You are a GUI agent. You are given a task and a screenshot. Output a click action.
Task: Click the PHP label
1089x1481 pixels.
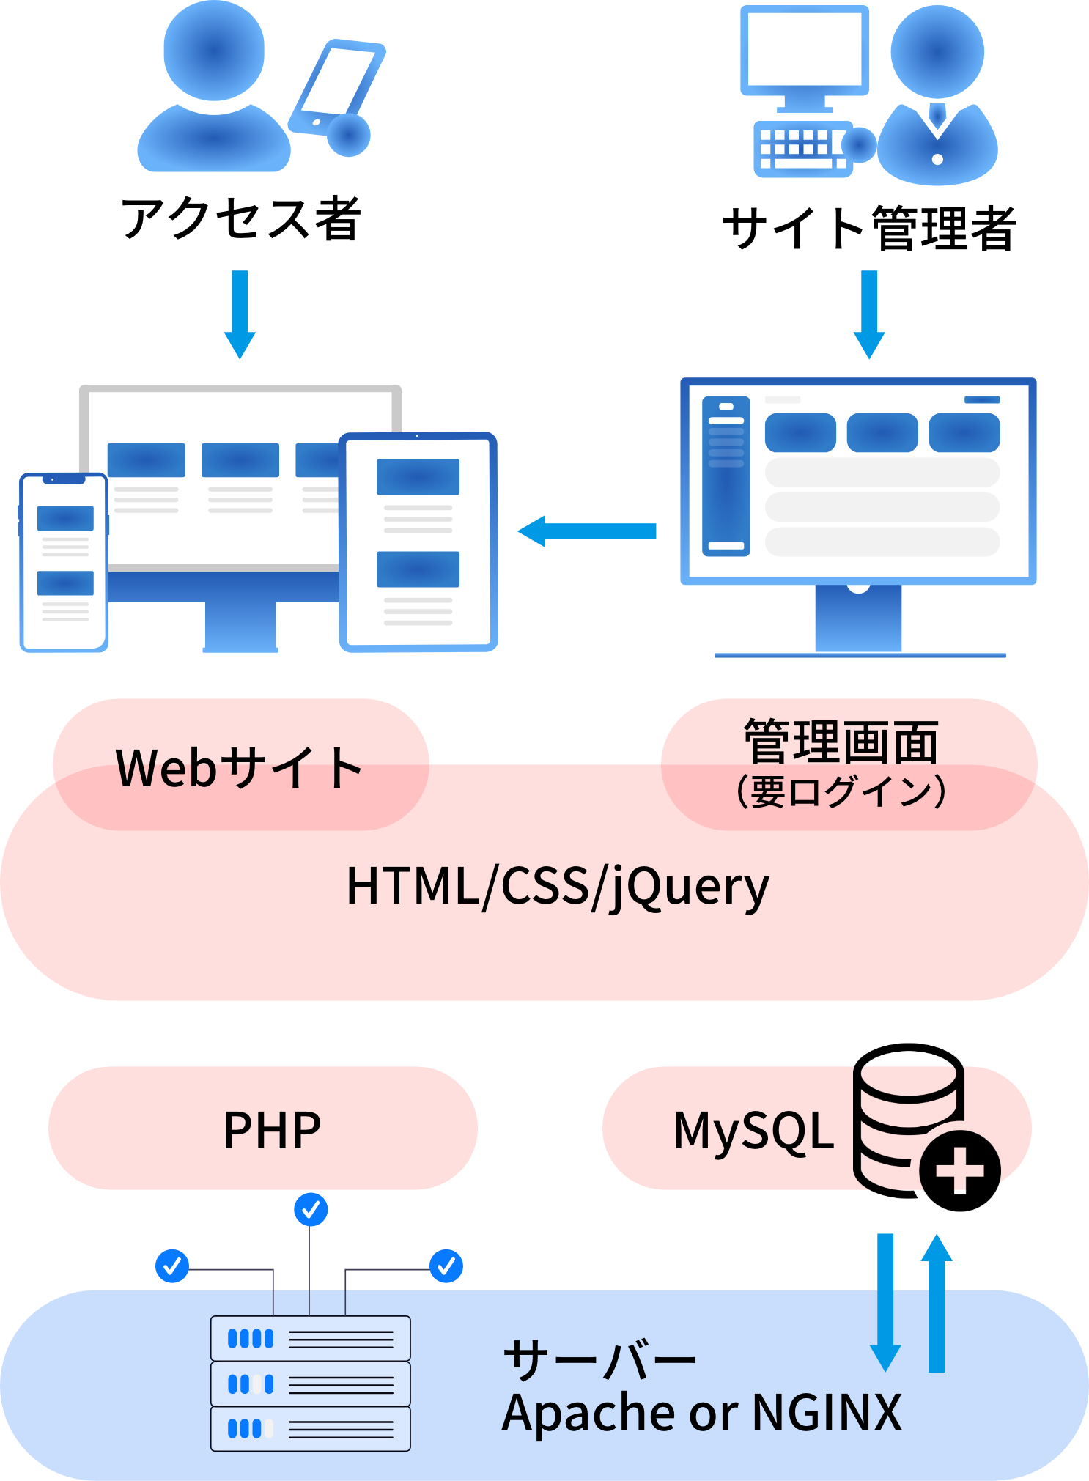[x=272, y=1130]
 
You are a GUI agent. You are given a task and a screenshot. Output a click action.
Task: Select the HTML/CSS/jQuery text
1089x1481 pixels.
[x=558, y=886]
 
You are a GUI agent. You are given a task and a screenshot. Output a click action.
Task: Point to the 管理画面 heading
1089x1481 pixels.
[x=841, y=742]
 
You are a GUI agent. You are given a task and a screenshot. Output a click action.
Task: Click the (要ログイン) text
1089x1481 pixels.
[x=841, y=792]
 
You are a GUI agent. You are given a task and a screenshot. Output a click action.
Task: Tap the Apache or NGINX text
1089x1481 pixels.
[x=701, y=1412]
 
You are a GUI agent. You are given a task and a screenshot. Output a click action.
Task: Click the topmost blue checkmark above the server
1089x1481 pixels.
[x=311, y=1209]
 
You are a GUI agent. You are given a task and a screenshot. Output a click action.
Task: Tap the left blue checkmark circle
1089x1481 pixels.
[x=172, y=1266]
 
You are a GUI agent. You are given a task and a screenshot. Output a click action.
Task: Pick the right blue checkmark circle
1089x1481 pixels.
[x=446, y=1266]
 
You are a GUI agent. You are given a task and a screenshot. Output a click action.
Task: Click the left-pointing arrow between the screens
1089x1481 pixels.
[x=586, y=531]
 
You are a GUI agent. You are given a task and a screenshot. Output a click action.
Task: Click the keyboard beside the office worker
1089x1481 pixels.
[x=801, y=148]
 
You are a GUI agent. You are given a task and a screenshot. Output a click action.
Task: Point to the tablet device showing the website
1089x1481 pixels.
[x=418, y=542]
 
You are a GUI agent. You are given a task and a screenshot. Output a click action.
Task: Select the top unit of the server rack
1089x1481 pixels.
[x=310, y=1339]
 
